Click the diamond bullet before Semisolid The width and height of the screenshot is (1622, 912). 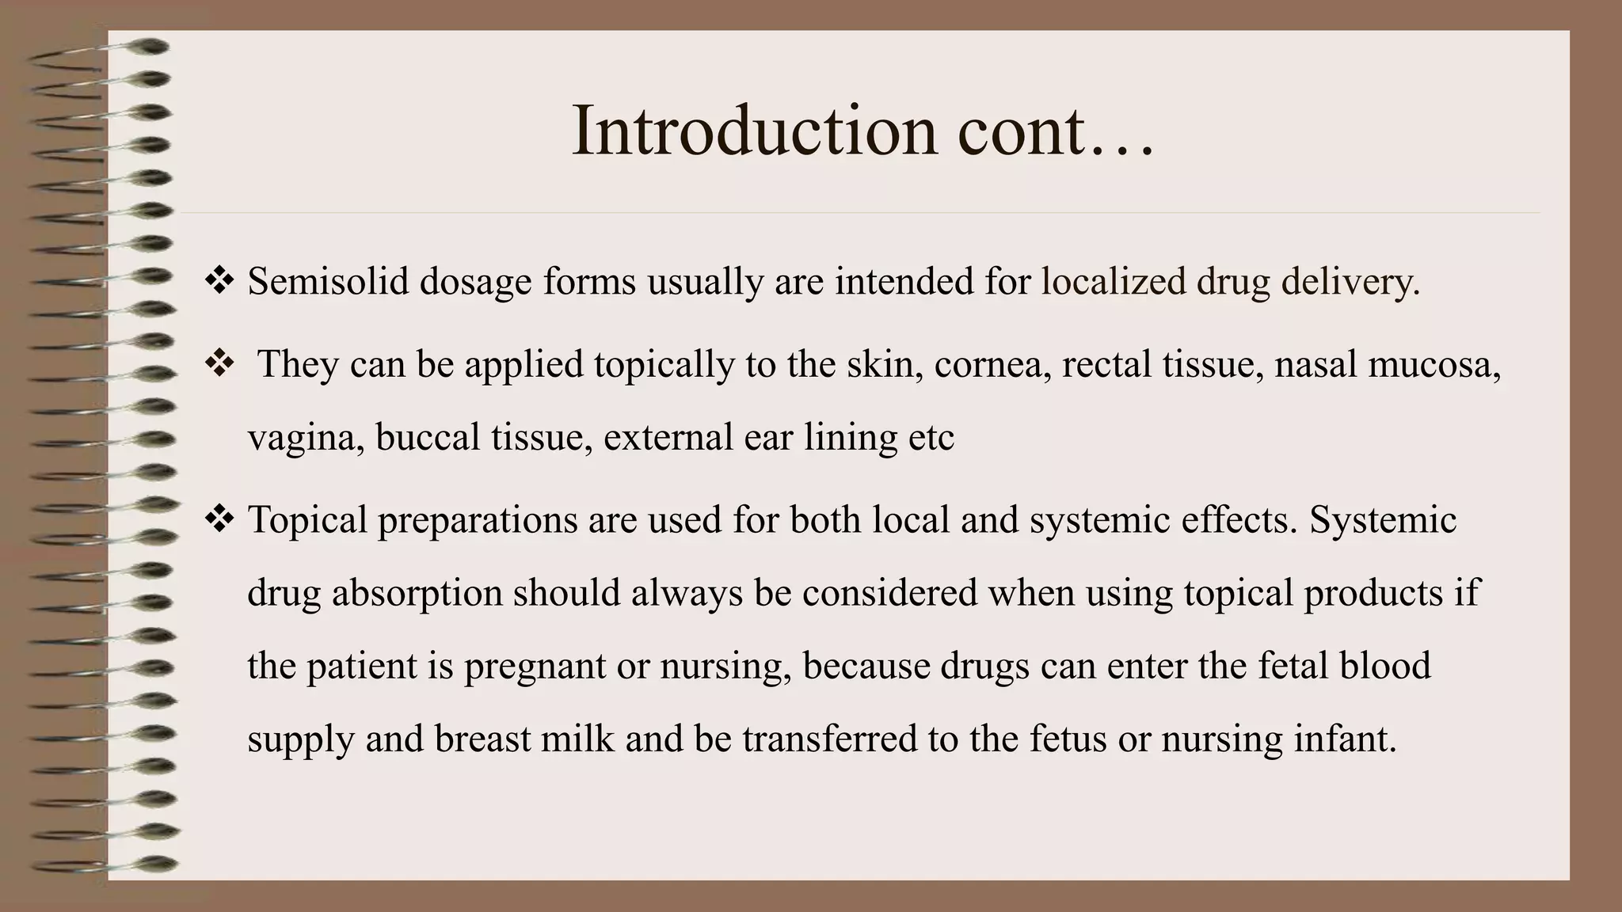click(219, 280)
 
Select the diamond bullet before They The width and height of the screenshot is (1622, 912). click(219, 363)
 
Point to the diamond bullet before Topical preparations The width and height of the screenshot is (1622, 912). click(219, 519)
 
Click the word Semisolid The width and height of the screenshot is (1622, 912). click(328, 282)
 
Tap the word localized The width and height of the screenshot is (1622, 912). click(1113, 282)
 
